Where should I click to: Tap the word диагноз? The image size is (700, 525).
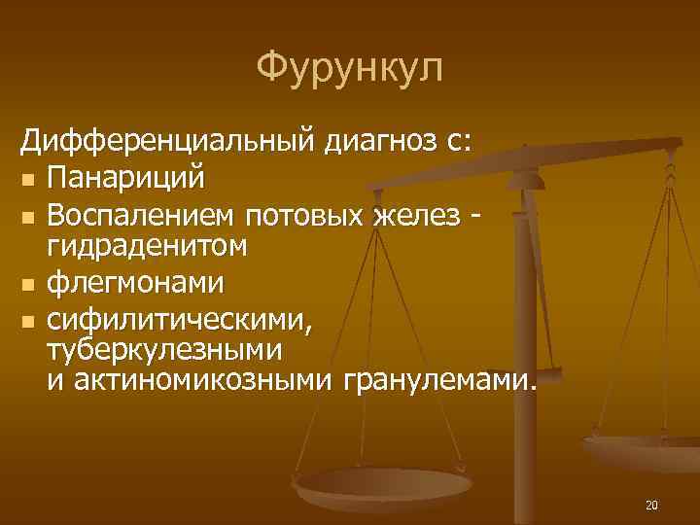[x=374, y=143]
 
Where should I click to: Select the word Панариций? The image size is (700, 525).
[x=125, y=178]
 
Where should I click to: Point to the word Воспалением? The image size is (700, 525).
[x=143, y=213]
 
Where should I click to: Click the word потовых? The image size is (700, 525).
[x=307, y=213]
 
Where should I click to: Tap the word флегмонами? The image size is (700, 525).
[x=135, y=283]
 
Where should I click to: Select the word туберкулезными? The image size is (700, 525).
[x=165, y=348]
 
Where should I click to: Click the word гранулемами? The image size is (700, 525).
[x=438, y=380]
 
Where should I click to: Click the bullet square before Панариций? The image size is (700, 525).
[x=29, y=180]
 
